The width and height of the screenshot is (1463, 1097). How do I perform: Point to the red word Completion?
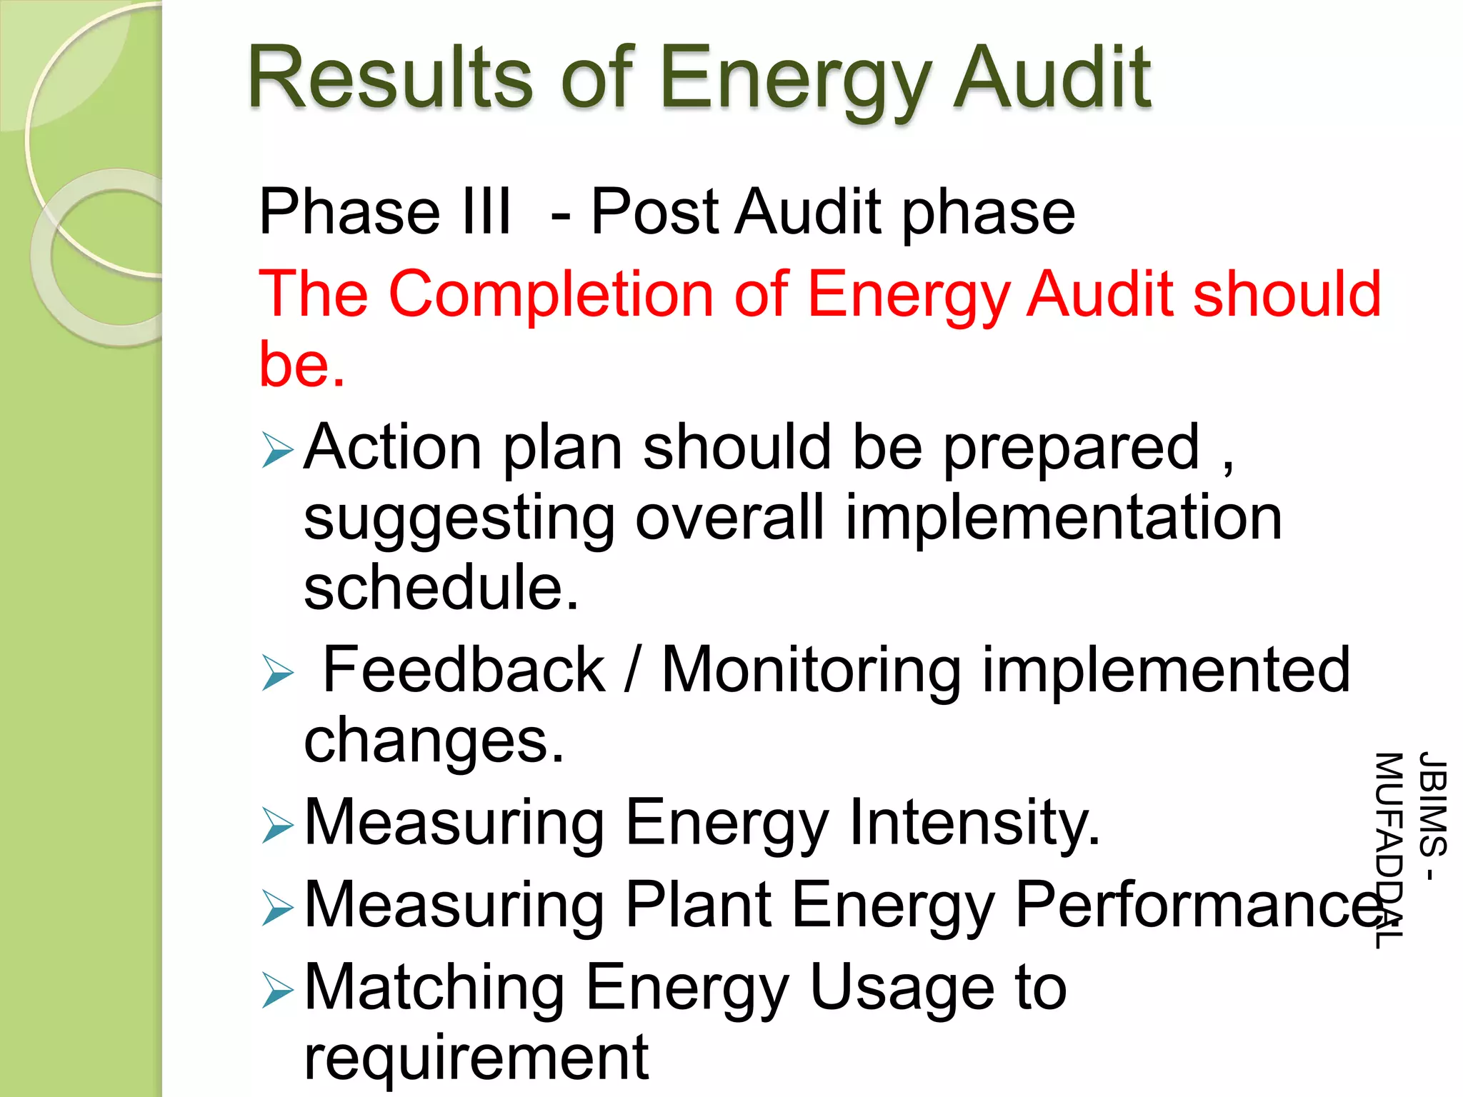(x=551, y=294)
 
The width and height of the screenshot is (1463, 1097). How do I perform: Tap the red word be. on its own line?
(x=301, y=364)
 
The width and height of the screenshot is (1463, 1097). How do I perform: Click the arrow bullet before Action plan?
(x=277, y=450)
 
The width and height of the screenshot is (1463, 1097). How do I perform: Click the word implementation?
(x=1064, y=518)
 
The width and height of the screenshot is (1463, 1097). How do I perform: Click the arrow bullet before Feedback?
(x=277, y=673)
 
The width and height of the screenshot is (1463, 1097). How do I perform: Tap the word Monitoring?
(x=811, y=670)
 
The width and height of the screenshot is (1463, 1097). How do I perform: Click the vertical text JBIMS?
(x=1432, y=804)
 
